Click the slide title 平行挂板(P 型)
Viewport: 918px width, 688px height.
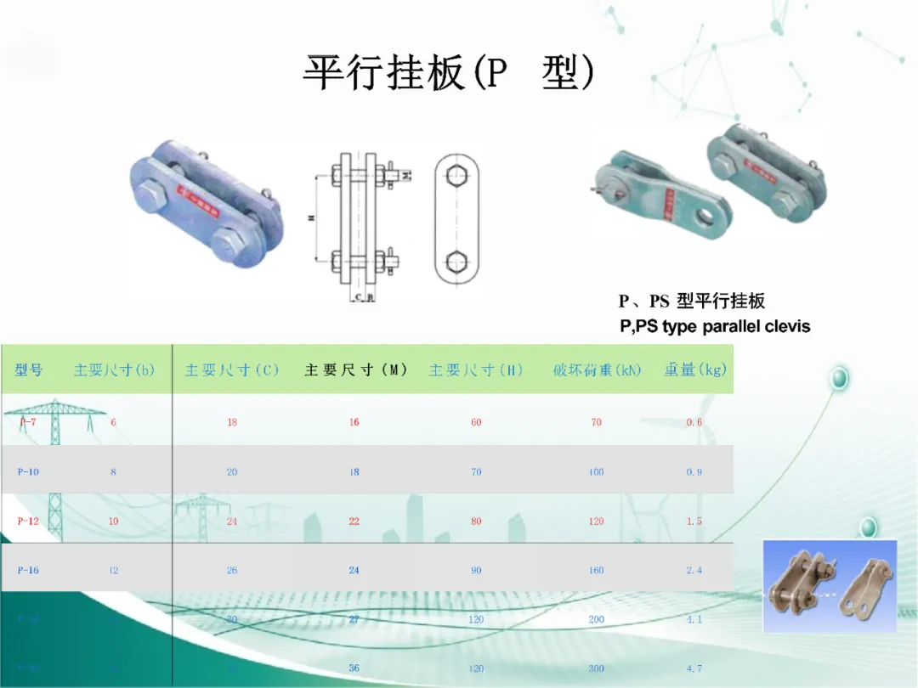tap(449, 74)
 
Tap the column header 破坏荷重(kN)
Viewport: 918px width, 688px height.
tap(597, 370)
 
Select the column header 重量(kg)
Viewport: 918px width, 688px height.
tap(695, 370)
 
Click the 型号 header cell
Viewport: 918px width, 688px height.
tap(28, 370)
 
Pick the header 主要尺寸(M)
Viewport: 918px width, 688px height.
tap(356, 370)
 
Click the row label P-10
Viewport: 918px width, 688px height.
tap(28, 471)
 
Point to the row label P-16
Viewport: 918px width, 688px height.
tap(28, 570)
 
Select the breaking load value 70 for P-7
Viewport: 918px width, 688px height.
tap(597, 422)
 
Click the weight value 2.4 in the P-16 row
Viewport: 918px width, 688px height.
tap(694, 570)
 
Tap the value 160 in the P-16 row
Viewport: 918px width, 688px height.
tap(597, 570)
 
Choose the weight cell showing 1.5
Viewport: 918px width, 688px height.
tap(694, 521)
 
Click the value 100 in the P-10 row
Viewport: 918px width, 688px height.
tap(597, 471)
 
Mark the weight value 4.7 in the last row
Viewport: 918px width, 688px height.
tap(694, 668)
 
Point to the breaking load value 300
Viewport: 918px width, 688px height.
tap(597, 668)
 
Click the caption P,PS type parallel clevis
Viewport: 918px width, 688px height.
tap(715, 326)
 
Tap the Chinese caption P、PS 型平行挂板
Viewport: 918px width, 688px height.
tap(691, 301)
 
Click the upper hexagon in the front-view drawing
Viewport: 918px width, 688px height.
tap(458, 176)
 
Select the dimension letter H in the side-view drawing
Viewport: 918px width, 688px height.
tap(311, 218)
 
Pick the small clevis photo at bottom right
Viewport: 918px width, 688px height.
tap(829, 585)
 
